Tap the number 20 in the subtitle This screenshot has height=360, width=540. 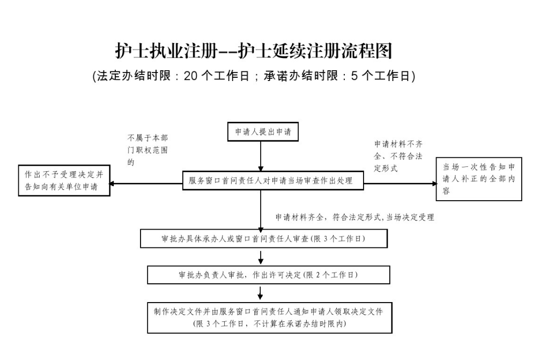click(x=191, y=76)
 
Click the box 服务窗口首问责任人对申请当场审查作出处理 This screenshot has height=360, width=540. click(x=273, y=180)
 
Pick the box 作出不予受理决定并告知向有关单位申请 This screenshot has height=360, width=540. click(x=64, y=180)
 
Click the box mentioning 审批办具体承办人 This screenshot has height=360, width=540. click(x=264, y=239)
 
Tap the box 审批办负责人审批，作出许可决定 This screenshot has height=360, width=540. click(x=268, y=275)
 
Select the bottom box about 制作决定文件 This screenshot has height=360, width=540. click(x=268, y=318)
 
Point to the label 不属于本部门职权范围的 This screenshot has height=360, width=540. click(x=147, y=150)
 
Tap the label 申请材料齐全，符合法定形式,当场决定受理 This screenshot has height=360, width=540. click(x=354, y=217)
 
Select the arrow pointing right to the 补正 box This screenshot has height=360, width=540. click(x=400, y=183)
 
